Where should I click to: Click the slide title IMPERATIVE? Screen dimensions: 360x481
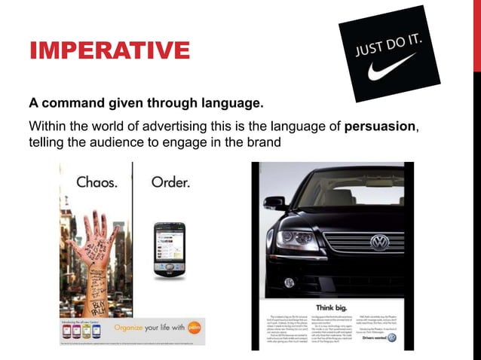point(109,51)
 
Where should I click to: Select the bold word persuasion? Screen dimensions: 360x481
point(379,126)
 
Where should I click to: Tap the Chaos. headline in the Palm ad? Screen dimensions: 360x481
point(100,182)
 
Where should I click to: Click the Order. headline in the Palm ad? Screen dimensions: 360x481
point(170,182)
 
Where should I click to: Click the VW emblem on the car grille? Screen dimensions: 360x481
point(379,242)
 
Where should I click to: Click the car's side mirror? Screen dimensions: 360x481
point(274,203)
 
